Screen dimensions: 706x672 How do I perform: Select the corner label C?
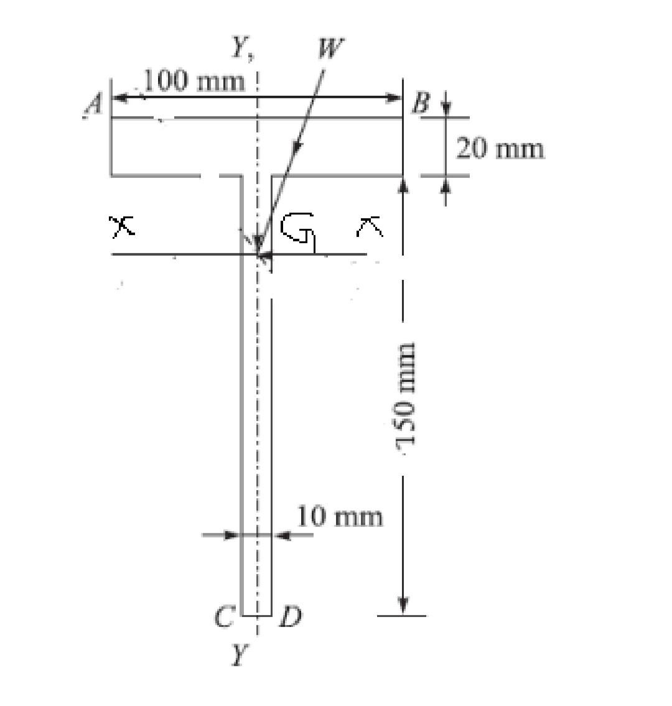click(223, 616)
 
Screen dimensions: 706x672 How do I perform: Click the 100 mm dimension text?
click(194, 81)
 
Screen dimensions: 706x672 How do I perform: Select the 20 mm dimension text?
click(500, 149)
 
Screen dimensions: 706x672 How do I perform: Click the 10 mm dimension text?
click(339, 516)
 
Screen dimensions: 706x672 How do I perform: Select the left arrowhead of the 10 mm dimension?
click(231, 534)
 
